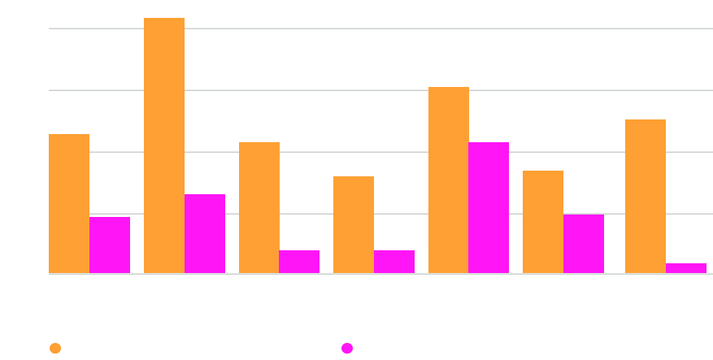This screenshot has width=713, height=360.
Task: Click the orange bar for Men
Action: coord(164,145)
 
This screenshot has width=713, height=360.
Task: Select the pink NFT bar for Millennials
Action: coord(489,207)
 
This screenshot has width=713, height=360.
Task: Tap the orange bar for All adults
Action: coord(69,203)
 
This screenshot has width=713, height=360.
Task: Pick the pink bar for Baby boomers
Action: coord(686,268)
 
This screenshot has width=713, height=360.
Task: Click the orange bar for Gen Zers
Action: coord(354,224)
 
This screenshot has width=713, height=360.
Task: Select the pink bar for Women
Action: coord(299,261)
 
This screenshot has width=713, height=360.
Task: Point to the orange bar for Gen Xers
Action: coord(543,221)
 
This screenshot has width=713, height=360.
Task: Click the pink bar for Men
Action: coord(205,233)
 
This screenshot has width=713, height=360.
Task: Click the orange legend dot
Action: coord(55,349)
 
